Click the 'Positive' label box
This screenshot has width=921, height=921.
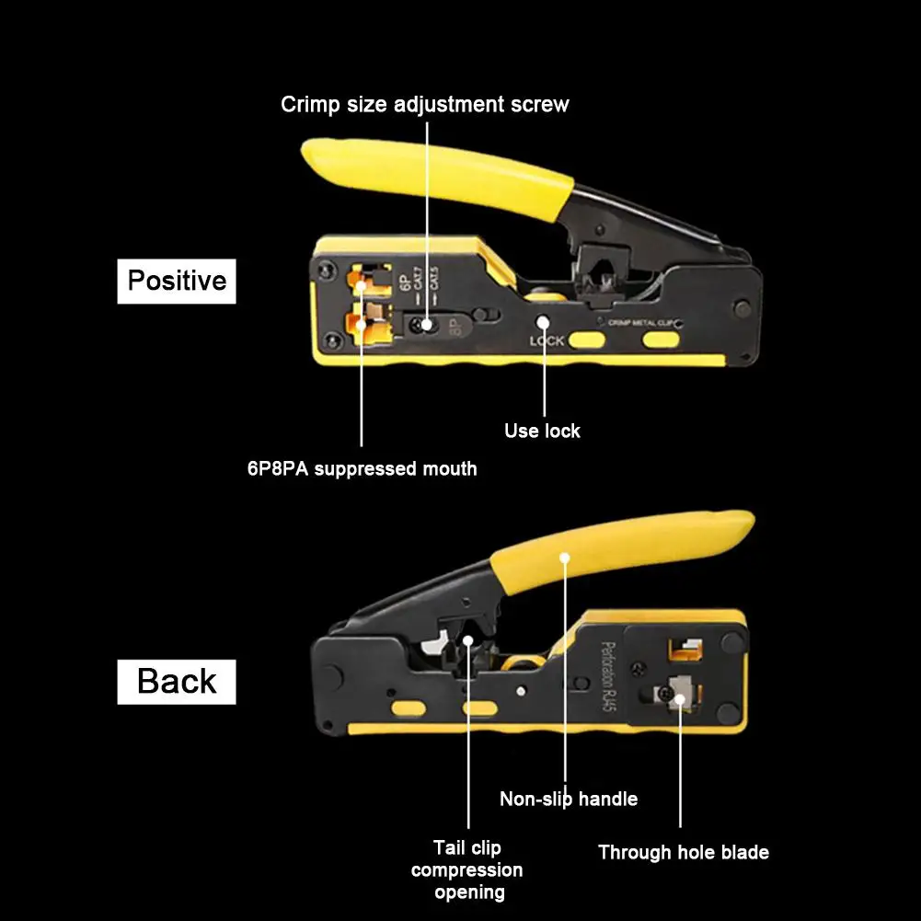pyautogui.click(x=177, y=281)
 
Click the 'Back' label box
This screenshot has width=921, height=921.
pyautogui.click(x=177, y=682)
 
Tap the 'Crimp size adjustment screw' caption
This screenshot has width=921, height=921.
pyautogui.click(x=424, y=104)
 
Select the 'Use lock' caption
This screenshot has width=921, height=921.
pyautogui.click(x=542, y=431)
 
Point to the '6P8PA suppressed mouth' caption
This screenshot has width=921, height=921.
pyautogui.click(x=362, y=469)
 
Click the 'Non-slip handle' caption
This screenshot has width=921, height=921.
pyautogui.click(x=568, y=799)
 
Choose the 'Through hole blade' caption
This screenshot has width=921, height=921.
pyautogui.click(x=683, y=853)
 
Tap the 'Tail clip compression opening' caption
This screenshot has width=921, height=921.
pyautogui.click(x=466, y=869)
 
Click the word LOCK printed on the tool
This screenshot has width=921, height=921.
pyautogui.click(x=547, y=341)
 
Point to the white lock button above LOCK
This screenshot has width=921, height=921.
pyautogui.click(x=544, y=323)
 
